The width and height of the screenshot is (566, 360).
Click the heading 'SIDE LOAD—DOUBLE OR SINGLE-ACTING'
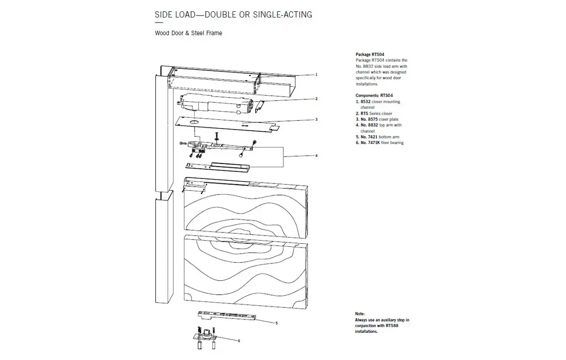[x=233, y=14]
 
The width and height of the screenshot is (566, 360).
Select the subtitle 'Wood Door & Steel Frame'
[x=188, y=33]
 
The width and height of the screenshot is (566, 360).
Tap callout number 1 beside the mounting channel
[x=316, y=75]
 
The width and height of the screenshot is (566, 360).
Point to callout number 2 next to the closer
[x=316, y=98]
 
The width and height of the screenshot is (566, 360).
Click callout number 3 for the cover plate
[x=316, y=119]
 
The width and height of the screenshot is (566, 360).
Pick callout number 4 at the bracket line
[x=316, y=155]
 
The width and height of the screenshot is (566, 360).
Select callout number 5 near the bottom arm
[x=276, y=323]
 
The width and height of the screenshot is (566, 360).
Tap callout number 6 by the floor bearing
[x=239, y=340]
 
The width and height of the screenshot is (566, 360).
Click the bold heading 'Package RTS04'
[x=370, y=54]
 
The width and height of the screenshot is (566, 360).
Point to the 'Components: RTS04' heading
[x=374, y=96]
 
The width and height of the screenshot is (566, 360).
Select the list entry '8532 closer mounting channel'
[x=379, y=104]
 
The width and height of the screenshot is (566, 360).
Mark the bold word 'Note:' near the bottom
[x=360, y=314]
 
